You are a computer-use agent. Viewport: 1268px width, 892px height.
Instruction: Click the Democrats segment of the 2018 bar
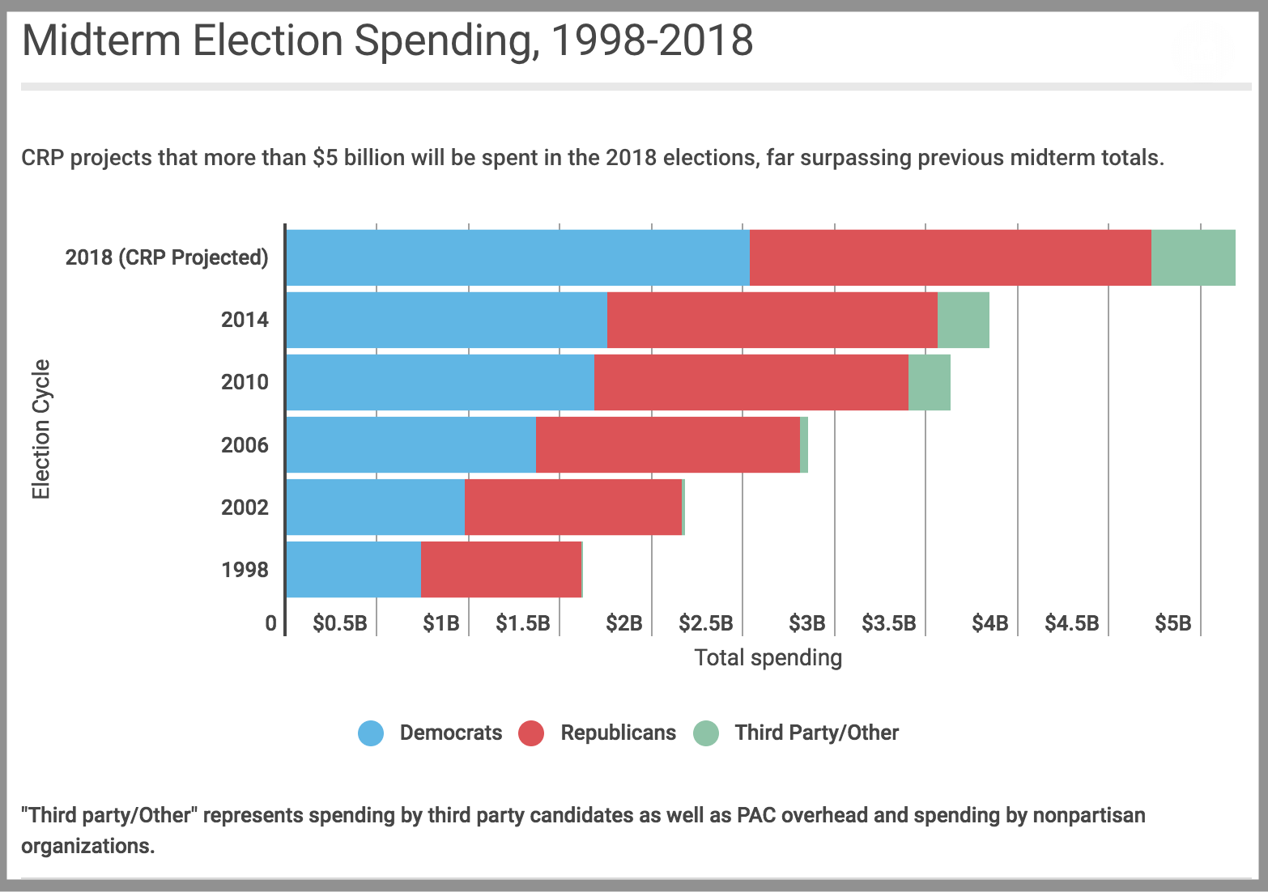click(517, 257)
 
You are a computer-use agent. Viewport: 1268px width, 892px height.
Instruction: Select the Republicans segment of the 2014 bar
click(772, 320)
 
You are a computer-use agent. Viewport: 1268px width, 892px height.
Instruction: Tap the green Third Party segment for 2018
click(1193, 257)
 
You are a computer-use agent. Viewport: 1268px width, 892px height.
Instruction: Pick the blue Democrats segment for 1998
click(353, 570)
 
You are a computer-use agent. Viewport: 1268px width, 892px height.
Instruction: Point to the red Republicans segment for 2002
click(572, 508)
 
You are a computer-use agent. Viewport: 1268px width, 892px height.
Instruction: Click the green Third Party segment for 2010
click(929, 382)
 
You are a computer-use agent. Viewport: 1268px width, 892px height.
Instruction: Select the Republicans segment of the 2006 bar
click(667, 444)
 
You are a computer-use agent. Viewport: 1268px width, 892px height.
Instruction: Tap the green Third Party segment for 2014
click(963, 320)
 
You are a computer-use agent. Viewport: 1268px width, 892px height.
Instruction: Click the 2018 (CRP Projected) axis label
click(166, 257)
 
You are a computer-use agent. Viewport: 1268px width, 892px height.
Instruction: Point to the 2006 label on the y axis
click(245, 444)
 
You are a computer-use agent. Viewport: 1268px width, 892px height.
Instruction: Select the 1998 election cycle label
click(245, 570)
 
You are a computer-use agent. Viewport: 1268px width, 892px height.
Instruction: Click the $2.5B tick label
click(705, 623)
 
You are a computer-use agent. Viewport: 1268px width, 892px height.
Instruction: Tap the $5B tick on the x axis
click(1172, 623)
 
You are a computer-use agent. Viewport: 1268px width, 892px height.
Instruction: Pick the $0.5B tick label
click(339, 623)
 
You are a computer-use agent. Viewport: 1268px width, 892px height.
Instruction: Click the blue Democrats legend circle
click(371, 733)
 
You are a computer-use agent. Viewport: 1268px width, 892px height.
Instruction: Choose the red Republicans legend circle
click(531, 733)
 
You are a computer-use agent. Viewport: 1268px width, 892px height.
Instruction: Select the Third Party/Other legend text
click(816, 733)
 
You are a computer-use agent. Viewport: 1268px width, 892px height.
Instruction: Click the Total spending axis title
click(768, 658)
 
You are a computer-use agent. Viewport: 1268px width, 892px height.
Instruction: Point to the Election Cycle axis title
click(40, 429)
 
